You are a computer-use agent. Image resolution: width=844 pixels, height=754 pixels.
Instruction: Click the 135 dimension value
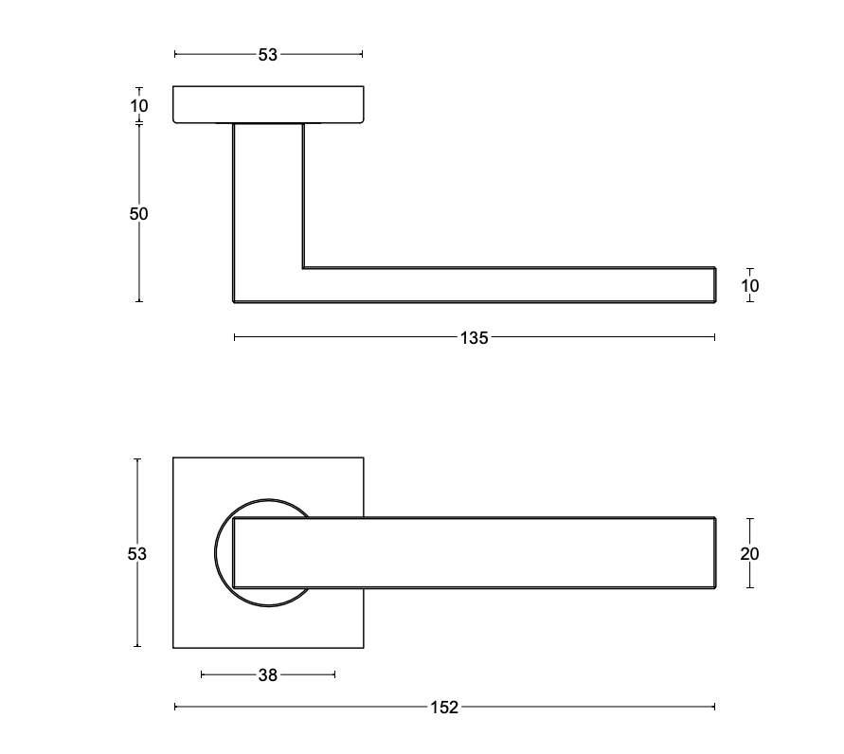tap(474, 337)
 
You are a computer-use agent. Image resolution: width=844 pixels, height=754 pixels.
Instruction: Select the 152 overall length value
tap(444, 707)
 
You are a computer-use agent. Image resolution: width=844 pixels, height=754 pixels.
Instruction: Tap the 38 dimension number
tap(268, 675)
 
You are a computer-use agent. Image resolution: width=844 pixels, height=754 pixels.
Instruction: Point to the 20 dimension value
tap(750, 553)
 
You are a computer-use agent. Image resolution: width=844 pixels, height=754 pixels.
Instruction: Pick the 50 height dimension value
tap(139, 214)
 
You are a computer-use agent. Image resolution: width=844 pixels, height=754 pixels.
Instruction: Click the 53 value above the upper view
tap(268, 55)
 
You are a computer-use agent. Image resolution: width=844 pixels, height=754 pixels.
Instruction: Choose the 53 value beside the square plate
tap(137, 553)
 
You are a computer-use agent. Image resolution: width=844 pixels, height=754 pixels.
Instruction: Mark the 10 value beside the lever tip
tap(750, 285)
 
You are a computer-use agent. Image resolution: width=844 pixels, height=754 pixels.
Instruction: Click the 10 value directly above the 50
tap(139, 105)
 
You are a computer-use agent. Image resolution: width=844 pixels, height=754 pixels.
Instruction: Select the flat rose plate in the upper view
tap(268, 104)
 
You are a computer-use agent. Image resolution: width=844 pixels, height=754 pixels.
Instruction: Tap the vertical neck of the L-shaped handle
tap(268, 199)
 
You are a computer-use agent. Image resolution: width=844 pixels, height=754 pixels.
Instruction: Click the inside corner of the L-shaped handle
tap(304, 268)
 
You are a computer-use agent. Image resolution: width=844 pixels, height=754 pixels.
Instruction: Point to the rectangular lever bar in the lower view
tap(474, 553)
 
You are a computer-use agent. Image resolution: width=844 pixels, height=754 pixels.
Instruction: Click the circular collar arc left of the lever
tap(220, 553)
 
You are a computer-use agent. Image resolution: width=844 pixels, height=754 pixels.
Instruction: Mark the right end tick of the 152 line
tap(714, 707)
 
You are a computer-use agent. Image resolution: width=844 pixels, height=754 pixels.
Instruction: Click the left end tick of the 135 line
tap(235, 337)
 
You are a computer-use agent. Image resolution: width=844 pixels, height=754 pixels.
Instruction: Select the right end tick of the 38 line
tap(334, 675)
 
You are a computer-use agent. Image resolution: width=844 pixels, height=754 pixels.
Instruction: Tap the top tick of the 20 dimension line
tap(750, 519)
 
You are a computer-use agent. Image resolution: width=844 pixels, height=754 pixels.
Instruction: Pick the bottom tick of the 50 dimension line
tap(139, 301)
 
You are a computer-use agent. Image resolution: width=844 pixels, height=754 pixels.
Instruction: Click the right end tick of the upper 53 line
tap(362, 55)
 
